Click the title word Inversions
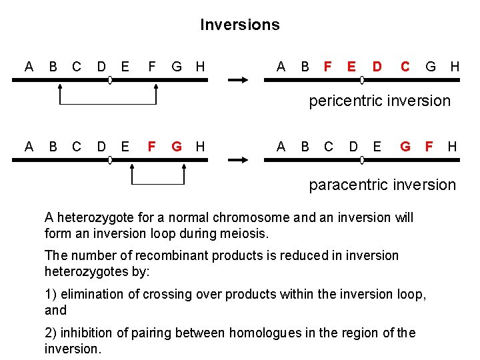pos(240,25)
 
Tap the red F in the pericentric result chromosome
pos(327,67)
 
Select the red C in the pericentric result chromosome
pos(405,67)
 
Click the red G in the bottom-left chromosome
pos(177,146)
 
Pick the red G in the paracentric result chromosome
pos(405,146)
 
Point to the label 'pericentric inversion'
pos(379,101)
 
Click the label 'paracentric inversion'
pos(382,185)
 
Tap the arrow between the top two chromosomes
pos(237,80)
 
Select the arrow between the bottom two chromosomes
pos(237,160)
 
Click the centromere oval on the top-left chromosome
pos(110,80)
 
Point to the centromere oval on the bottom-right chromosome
pos(362,160)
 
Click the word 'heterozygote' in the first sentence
pos(93,218)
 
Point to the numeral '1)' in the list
pos(51,294)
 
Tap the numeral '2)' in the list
pos(51,333)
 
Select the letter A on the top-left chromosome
pos(29,67)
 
